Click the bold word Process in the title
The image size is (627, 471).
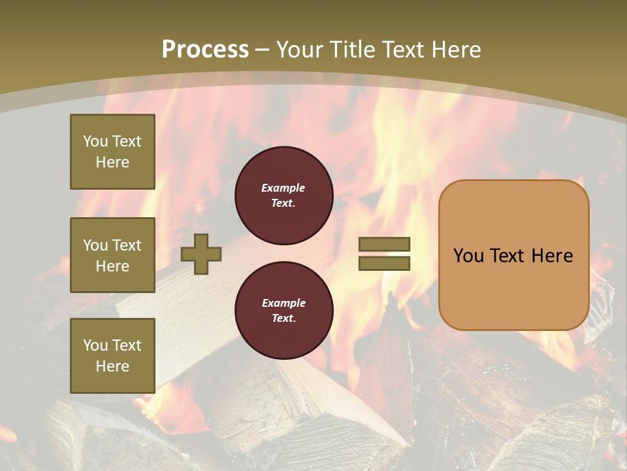coord(205,50)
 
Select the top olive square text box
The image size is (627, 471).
coord(112,152)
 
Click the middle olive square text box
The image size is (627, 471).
coord(112,255)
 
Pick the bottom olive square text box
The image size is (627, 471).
coord(112,356)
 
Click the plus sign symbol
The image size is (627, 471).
coord(201,254)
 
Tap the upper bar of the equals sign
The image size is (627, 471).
coord(384,244)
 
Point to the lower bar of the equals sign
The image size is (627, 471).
coord(384,263)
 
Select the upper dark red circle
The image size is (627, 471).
coord(283,195)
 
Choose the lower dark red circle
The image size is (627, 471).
coord(283,310)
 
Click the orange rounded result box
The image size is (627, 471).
coord(513,255)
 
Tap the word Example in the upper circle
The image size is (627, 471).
coord(283,188)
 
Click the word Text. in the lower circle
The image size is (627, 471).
coord(283,319)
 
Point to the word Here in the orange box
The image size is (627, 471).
coord(552,256)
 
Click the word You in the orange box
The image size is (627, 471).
coord(468,256)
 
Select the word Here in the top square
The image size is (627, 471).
coord(112,162)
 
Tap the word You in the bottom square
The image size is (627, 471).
coord(95,345)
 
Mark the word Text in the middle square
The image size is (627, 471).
coord(127,245)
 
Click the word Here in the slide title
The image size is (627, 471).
coord(453,50)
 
